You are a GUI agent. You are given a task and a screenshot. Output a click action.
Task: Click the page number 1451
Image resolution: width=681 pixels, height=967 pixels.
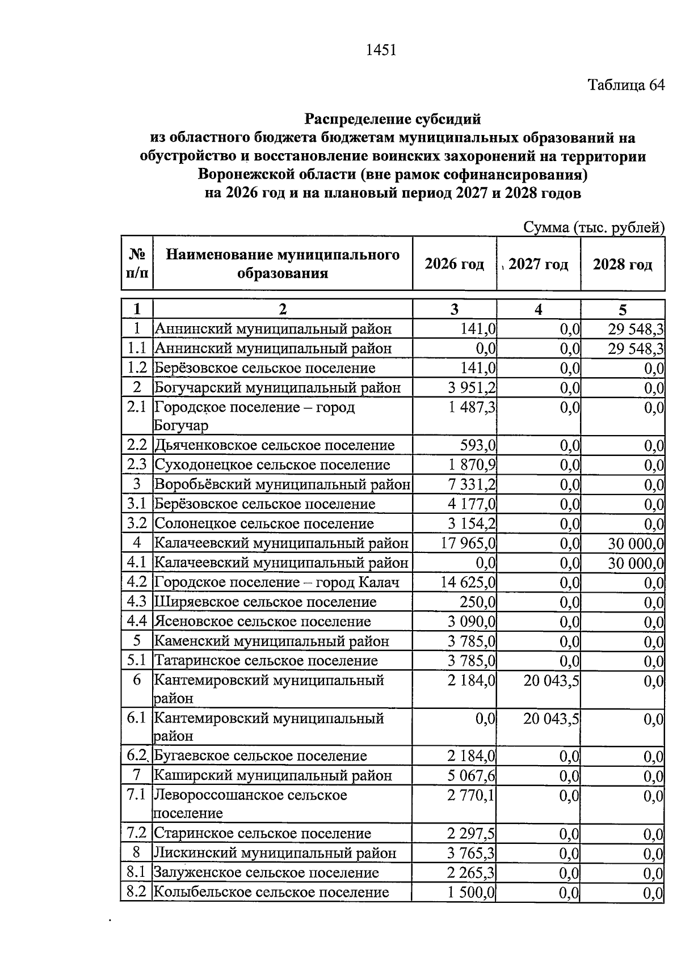380,50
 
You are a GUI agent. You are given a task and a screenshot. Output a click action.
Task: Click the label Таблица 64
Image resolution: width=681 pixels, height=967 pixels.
625,85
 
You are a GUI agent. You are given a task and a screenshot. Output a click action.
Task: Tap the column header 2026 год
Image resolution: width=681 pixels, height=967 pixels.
454,264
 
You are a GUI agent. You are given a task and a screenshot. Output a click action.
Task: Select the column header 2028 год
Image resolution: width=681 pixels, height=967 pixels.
623,264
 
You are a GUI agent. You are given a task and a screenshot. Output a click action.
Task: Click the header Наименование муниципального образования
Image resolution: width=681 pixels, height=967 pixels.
283,264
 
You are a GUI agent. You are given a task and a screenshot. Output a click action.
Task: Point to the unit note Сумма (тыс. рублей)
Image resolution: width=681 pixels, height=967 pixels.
593,227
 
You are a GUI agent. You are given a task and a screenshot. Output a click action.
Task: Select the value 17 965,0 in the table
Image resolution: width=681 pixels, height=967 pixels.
468,543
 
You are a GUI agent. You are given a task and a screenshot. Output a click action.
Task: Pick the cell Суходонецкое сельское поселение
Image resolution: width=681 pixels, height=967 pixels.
272,465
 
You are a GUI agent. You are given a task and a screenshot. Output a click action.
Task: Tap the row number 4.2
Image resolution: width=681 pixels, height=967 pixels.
137,582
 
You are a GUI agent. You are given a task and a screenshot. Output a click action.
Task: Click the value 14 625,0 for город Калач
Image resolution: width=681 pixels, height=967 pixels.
468,582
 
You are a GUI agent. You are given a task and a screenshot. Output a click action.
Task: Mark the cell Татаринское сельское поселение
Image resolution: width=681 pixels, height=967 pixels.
266,661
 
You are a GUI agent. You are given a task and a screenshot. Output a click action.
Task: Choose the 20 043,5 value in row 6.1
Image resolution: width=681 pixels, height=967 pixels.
551,719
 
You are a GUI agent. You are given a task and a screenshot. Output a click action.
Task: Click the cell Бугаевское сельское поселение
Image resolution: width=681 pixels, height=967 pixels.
261,756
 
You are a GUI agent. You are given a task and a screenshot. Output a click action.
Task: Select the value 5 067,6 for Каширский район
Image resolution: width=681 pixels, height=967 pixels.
471,775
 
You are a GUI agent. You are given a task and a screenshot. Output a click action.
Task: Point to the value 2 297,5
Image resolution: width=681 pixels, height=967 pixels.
471,834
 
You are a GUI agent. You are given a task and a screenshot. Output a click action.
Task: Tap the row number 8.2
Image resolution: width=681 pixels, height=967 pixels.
137,892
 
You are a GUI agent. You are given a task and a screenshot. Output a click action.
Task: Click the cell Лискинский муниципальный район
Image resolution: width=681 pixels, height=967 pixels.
275,853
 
